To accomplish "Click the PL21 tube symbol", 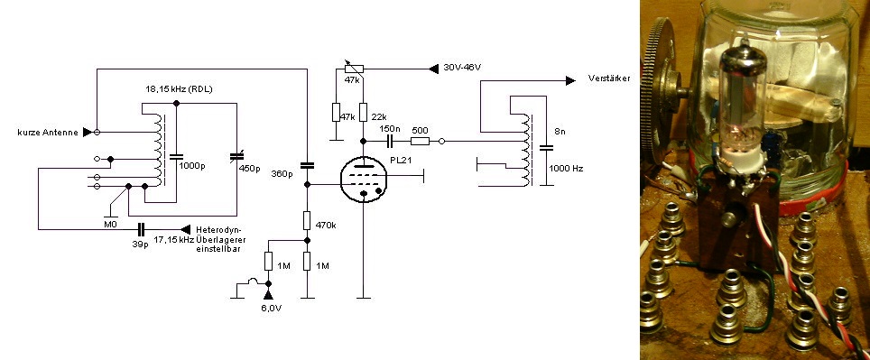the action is coord(364,179).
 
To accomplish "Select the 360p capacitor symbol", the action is coord(307,165).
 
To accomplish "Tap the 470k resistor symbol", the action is coord(307,221).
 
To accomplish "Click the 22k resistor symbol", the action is coord(364,112).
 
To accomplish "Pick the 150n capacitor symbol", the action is coord(390,142).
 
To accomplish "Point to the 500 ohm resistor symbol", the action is coord(420,142).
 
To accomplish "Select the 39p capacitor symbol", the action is coord(141,229).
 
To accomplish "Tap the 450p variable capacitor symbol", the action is coord(237,158).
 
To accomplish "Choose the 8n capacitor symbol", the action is coord(547,148).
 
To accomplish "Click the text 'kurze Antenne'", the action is coord(48,133).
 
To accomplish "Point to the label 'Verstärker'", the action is coord(609,78).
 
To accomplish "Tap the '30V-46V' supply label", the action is coord(462,68).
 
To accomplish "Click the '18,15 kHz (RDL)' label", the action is coord(179,89).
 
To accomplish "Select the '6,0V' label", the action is coord(271,308).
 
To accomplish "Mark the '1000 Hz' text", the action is coord(566,168).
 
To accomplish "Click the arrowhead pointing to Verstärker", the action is coord(570,81).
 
